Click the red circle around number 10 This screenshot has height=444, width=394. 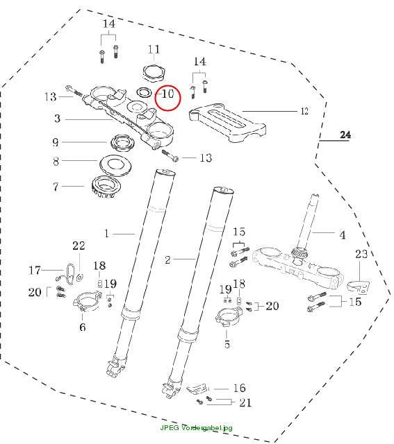156,99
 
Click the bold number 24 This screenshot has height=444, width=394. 345,135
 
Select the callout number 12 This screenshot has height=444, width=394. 304,111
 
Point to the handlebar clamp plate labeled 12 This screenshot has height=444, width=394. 227,123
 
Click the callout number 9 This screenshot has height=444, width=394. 56,142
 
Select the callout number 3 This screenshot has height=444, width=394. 57,118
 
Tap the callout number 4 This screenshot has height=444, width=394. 343,234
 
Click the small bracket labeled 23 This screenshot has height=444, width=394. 359,287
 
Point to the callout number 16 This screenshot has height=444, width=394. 239,388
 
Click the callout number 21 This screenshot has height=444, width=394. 245,402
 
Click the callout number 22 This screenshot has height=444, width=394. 79,246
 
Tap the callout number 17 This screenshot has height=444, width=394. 34,270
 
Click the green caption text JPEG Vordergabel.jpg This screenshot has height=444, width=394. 196,427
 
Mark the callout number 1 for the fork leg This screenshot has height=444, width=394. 106,234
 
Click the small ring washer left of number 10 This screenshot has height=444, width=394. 144,92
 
